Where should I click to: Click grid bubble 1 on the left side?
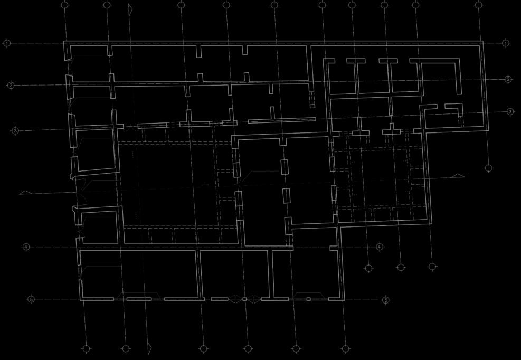[x=7, y=43]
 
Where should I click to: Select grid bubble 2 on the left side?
[x=11, y=85]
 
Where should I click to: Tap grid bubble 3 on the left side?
[x=15, y=130]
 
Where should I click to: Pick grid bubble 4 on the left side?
[x=26, y=247]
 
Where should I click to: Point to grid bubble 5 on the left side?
[x=31, y=299]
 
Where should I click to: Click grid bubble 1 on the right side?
[x=506, y=43]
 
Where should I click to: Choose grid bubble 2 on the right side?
[x=508, y=79]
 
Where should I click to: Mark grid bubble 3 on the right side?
[x=510, y=111]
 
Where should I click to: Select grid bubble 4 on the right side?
[x=380, y=247]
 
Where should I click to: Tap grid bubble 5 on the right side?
[x=386, y=300]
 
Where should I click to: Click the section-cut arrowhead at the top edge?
[x=130, y=9]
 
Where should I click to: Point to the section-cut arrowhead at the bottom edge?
[x=149, y=348]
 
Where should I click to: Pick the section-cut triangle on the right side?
[x=458, y=176]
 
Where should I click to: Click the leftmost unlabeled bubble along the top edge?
[x=65, y=5]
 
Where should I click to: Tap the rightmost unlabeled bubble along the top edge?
[x=479, y=5]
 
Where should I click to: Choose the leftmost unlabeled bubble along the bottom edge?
[x=87, y=348]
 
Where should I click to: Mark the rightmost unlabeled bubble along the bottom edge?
[x=345, y=348]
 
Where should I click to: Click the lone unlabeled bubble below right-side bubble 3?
[x=489, y=168]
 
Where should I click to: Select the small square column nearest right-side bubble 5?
[x=308, y=299]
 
